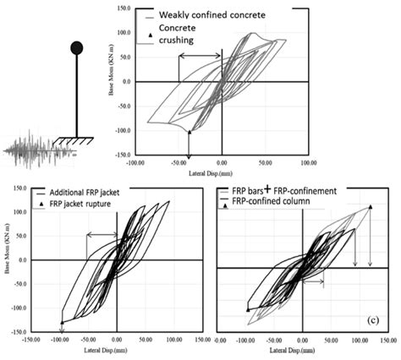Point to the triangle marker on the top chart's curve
click(190, 133)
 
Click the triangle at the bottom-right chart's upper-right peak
click(371, 207)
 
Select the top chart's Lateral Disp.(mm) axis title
click(222, 172)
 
